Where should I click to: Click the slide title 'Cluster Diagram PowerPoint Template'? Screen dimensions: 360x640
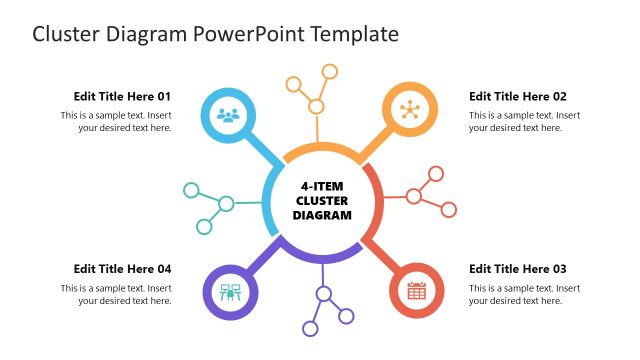point(215,34)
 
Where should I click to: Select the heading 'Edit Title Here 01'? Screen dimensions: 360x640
point(122,97)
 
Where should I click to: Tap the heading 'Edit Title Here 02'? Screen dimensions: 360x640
point(518,97)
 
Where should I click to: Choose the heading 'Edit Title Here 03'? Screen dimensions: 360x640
point(518,269)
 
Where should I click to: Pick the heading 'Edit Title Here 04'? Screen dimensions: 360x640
point(122,269)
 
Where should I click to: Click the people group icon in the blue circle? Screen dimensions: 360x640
point(229,114)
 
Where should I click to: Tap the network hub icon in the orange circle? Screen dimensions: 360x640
point(409,110)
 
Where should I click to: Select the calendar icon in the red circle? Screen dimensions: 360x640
point(417,291)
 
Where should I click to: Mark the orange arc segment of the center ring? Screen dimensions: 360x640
point(322,150)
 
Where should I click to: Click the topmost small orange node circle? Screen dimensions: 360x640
point(329,71)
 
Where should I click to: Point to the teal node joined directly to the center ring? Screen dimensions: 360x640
point(226,204)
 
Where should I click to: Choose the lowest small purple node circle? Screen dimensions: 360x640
point(310,329)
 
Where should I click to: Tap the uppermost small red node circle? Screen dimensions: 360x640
point(435,174)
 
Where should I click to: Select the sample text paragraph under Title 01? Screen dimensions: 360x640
point(116,121)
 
